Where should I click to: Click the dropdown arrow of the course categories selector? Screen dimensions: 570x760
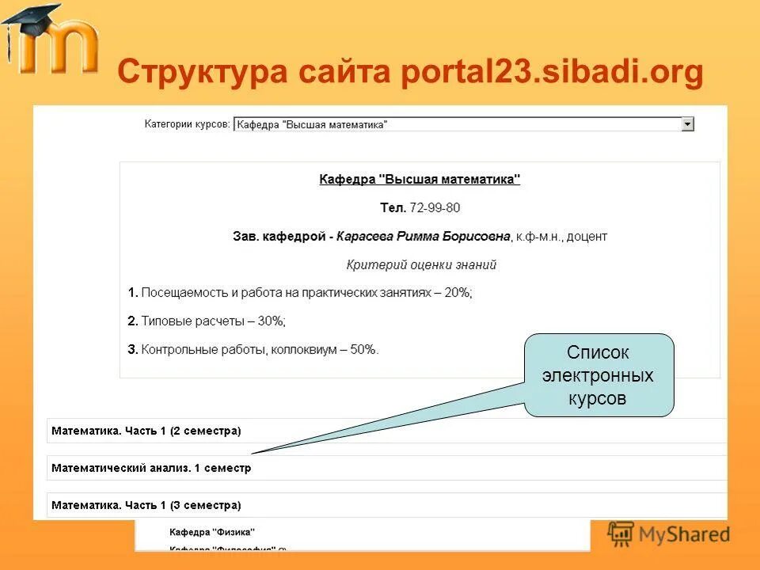[687, 124]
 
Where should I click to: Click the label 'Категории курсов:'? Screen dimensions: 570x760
[187, 124]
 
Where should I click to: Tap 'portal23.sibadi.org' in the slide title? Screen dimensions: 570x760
[552, 73]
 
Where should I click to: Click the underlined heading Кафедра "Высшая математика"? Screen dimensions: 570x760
[420, 180]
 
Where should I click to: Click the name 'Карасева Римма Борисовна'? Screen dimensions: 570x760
[424, 236]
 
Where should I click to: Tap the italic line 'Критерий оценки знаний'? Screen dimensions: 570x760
[421, 264]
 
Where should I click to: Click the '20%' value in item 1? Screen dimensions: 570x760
[457, 293]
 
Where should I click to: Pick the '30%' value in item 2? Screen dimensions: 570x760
[271, 321]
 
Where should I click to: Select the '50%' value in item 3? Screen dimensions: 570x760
[363, 349]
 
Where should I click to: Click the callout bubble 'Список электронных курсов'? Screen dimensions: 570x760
[598, 375]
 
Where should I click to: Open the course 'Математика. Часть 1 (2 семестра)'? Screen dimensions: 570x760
[146, 431]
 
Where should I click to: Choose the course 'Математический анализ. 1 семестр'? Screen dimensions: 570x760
[151, 468]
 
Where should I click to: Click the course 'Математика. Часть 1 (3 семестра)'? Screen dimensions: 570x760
[146, 504]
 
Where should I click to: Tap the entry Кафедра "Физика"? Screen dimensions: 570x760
[212, 532]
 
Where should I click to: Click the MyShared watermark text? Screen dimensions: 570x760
[684, 534]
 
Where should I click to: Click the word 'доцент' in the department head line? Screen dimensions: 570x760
[587, 236]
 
